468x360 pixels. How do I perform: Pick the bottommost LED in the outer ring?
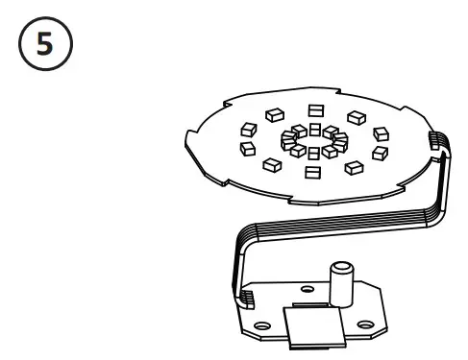pos(311,173)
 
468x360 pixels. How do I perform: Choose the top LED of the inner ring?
pos(313,129)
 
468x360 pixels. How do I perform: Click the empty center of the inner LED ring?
pos(312,141)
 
